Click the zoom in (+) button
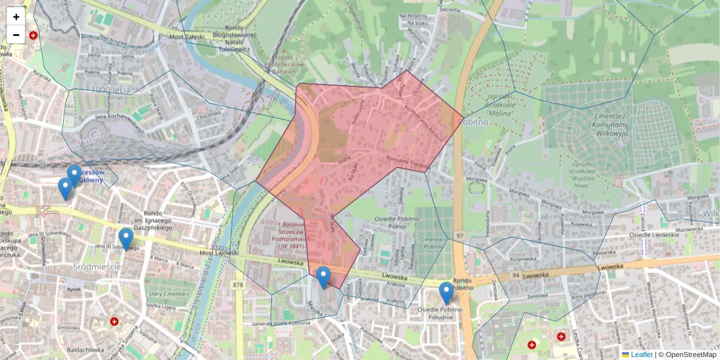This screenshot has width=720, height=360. [x=16, y=17]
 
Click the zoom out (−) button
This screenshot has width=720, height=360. [x=16, y=35]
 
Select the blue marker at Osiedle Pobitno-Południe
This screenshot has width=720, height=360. [x=446, y=293]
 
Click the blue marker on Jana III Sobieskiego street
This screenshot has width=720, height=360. [x=125, y=239]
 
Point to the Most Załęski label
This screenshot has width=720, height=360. [x=187, y=37]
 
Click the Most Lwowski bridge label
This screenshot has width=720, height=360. [x=219, y=253]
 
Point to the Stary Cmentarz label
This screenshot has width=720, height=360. [x=164, y=294]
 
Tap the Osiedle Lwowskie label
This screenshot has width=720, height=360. [x=654, y=234]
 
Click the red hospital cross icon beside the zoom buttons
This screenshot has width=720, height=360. [x=33, y=35]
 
